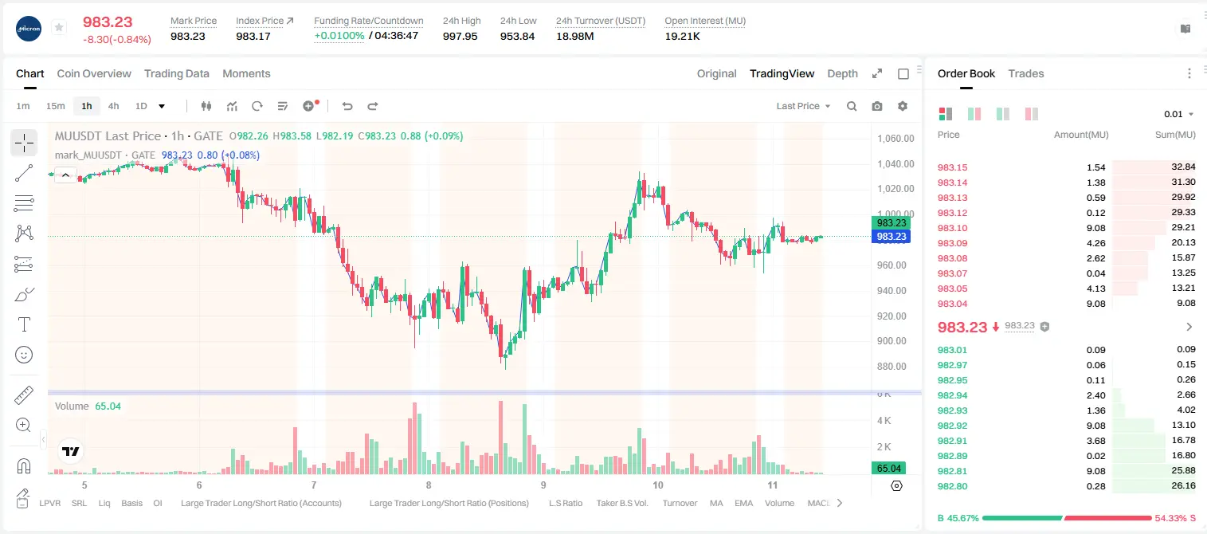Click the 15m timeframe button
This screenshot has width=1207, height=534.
click(x=56, y=106)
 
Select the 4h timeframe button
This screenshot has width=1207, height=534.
click(x=113, y=106)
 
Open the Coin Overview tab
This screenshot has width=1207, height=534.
click(x=94, y=74)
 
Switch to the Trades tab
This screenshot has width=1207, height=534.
click(x=1026, y=74)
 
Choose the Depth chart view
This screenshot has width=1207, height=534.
click(x=842, y=74)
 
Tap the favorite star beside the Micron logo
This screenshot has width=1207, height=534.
click(x=59, y=27)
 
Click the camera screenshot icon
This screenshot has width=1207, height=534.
click(x=877, y=106)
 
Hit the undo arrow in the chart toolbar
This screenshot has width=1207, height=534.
click(x=347, y=106)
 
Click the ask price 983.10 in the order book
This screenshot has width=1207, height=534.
click(x=952, y=228)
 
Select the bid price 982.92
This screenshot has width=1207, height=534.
click(x=952, y=426)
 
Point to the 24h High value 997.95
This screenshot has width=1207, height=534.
click(x=460, y=36)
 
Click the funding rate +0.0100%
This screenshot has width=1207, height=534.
click(x=339, y=36)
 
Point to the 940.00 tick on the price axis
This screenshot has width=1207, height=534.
click(x=892, y=291)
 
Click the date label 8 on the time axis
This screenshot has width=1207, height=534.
click(x=429, y=485)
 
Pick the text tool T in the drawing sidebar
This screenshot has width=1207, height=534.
click(x=24, y=325)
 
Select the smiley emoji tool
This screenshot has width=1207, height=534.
click(x=24, y=355)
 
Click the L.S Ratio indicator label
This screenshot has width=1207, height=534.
click(x=565, y=503)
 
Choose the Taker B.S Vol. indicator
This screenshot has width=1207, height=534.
click(x=621, y=503)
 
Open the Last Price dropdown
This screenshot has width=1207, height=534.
click(x=803, y=106)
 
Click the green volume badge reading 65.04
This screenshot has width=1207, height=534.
click(x=888, y=469)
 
